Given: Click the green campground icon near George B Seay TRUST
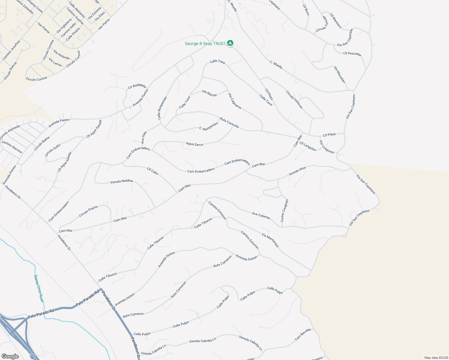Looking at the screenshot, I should [x=230, y=43].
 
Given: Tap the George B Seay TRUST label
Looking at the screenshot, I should [x=205, y=44].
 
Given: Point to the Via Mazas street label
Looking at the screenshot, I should [x=209, y=93].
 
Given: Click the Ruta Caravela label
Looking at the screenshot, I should [x=229, y=123].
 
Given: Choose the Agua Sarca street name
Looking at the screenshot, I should [x=194, y=144].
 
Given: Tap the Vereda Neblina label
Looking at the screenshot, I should [x=121, y=181].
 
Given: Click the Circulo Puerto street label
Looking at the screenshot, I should [x=88, y=211].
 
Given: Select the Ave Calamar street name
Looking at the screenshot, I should [x=261, y=215].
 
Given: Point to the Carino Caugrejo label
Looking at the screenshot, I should [x=284, y=211].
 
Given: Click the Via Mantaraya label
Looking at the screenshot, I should [x=270, y=240].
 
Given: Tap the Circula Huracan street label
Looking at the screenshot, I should [x=294, y=99].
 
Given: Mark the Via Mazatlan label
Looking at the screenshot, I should [x=340, y=74].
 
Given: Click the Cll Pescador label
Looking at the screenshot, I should [x=352, y=54].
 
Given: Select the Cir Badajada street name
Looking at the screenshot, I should [x=137, y=86].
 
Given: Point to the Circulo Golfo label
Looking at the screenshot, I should [x=53, y=150].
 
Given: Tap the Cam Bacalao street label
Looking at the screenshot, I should [x=303, y=334].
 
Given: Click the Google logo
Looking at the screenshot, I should [x=10, y=356].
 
